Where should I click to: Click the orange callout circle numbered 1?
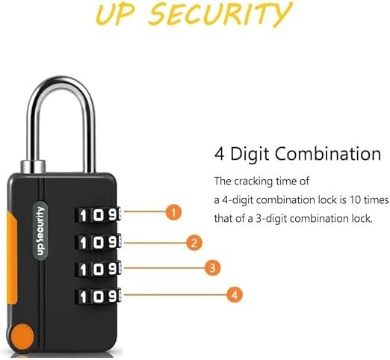pyautogui.click(x=173, y=212)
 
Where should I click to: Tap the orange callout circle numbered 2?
pyautogui.click(x=194, y=243)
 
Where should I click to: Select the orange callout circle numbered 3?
pyautogui.click(x=212, y=268)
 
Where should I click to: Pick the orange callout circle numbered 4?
pyautogui.click(x=235, y=295)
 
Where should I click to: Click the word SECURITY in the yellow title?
pyautogui.click(x=220, y=13)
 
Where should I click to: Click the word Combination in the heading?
pyautogui.click(x=328, y=154)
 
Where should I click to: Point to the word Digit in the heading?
pyautogui.click(x=250, y=155)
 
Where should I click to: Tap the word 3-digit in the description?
pyautogui.click(x=271, y=219)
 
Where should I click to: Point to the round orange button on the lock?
pyautogui.click(x=22, y=335)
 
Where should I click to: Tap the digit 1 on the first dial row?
pyautogui.click(x=83, y=215)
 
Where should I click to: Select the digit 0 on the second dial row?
pyautogui.click(x=99, y=243)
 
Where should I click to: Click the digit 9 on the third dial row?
pyautogui.click(x=114, y=269)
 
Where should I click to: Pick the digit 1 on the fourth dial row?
pyautogui.click(x=83, y=297)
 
